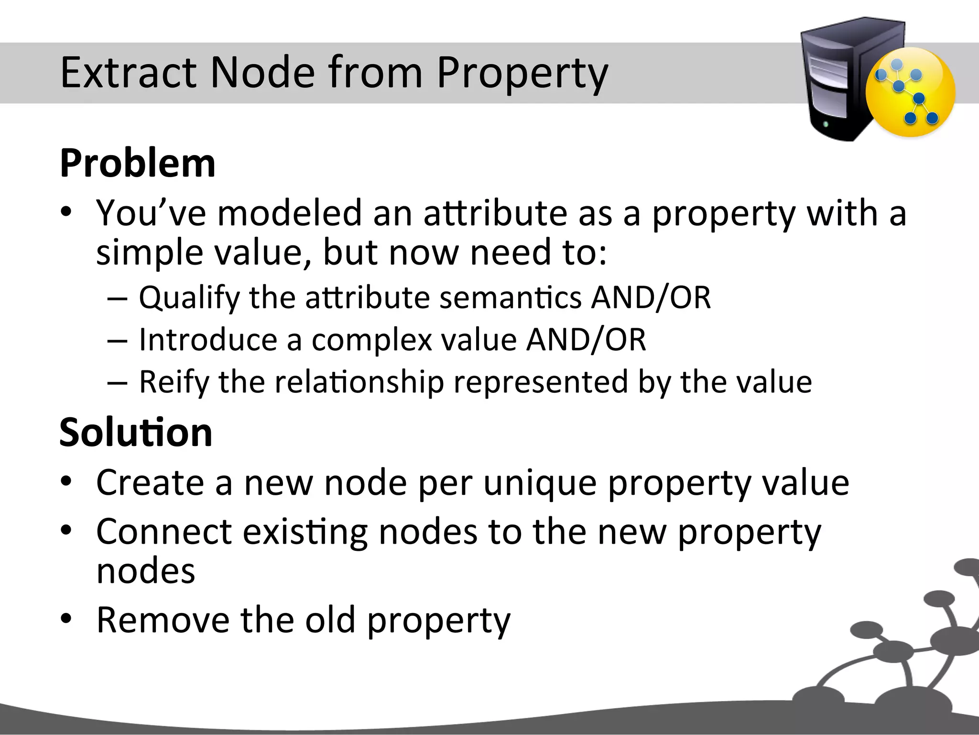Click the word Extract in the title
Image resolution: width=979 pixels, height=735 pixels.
(x=129, y=73)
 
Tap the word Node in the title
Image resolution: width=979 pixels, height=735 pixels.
(x=262, y=73)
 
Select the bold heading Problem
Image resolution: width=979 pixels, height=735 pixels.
(x=138, y=164)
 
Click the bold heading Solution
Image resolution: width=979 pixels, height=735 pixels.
(x=136, y=433)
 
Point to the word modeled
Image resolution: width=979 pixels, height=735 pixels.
(x=289, y=213)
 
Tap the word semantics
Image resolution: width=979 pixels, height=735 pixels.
(x=510, y=298)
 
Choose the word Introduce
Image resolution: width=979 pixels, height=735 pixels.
(x=208, y=340)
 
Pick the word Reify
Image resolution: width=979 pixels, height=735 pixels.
(x=174, y=382)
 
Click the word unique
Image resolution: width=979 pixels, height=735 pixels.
(x=540, y=483)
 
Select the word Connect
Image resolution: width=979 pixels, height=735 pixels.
(x=164, y=532)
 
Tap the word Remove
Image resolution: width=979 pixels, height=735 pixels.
(x=163, y=620)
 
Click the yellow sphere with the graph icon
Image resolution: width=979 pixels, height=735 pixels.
(x=910, y=92)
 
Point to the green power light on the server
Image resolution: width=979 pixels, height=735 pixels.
(x=826, y=125)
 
